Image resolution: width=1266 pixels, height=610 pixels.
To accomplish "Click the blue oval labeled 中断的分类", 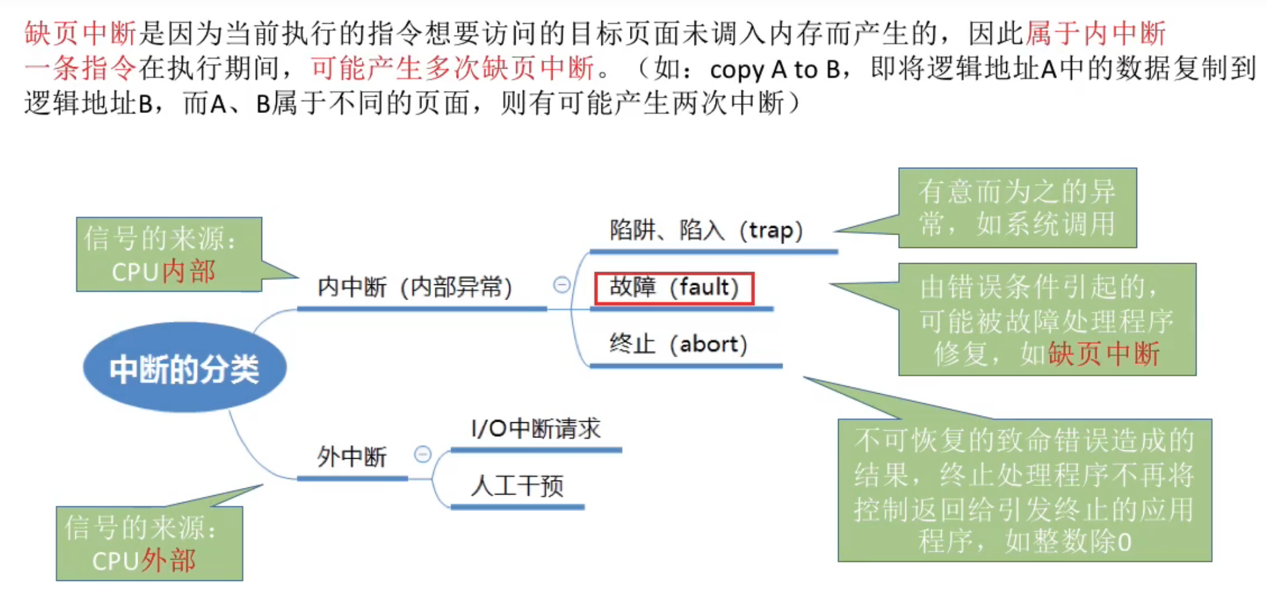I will click(184, 368).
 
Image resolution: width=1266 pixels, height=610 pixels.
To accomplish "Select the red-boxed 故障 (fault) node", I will click(674, 288).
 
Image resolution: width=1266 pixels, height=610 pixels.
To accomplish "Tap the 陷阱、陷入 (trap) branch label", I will click(706, 231).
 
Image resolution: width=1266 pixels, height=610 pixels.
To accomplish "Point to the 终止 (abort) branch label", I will click(678, 344).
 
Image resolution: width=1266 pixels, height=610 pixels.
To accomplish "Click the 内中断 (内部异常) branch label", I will click(415, 287).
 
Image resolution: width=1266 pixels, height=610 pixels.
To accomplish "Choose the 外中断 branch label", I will click(351, 457).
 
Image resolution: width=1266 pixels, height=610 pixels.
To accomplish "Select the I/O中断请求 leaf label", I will click(536, 429).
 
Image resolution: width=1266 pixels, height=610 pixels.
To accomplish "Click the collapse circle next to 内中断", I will click(561, 284).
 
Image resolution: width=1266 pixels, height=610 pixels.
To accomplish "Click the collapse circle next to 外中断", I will click(423, 454).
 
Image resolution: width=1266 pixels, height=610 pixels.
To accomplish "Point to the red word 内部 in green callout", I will click(189, 272).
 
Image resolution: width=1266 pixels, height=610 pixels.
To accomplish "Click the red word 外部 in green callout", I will click(169, 561).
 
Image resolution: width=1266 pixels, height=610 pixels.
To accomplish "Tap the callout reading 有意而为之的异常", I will click(1017, 208).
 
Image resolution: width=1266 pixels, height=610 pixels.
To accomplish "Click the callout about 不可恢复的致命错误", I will click(1025, 490).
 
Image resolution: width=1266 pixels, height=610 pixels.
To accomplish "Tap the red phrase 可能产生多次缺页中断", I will click(452, 68).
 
